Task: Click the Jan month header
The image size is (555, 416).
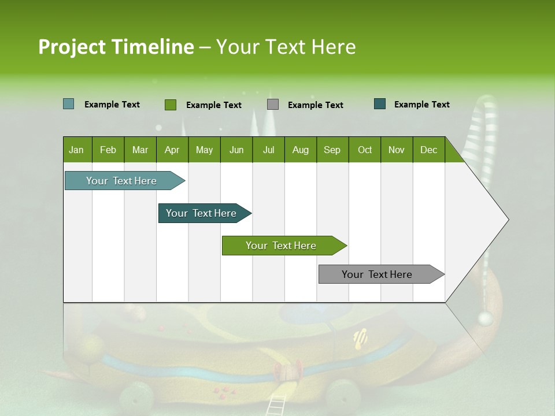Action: pyautogui.click(x=77, y=150)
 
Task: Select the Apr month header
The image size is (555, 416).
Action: pyautogui.click(x=172, y=150)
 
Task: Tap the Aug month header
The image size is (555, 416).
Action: pyautogui.click(x=301, y=150)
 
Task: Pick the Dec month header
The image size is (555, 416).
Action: pyautogui.click(x=429, y=150)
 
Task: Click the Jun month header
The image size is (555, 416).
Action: pyautogui.click(x=236, y=150)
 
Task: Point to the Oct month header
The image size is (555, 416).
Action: pyautogui.click(x=365, y=150)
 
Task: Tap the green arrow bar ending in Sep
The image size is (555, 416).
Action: pyautogui.click(x=282, y=246)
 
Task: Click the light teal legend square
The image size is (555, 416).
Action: pyautogui.click(x=68, y=104)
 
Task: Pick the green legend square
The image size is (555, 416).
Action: pyautogui.click(x=170, y=105)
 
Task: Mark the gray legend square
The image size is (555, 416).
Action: pyautogui.click(x=273, y=105)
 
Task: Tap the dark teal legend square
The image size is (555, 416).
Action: pyautogui.click(x=380, y=104)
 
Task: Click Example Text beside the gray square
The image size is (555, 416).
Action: pyautogui.click(x=315, y=105)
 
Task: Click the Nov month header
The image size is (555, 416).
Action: pyautogui.click(x=397, y=150)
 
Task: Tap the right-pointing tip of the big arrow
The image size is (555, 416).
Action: pyautogui.click(x=508, y=220)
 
